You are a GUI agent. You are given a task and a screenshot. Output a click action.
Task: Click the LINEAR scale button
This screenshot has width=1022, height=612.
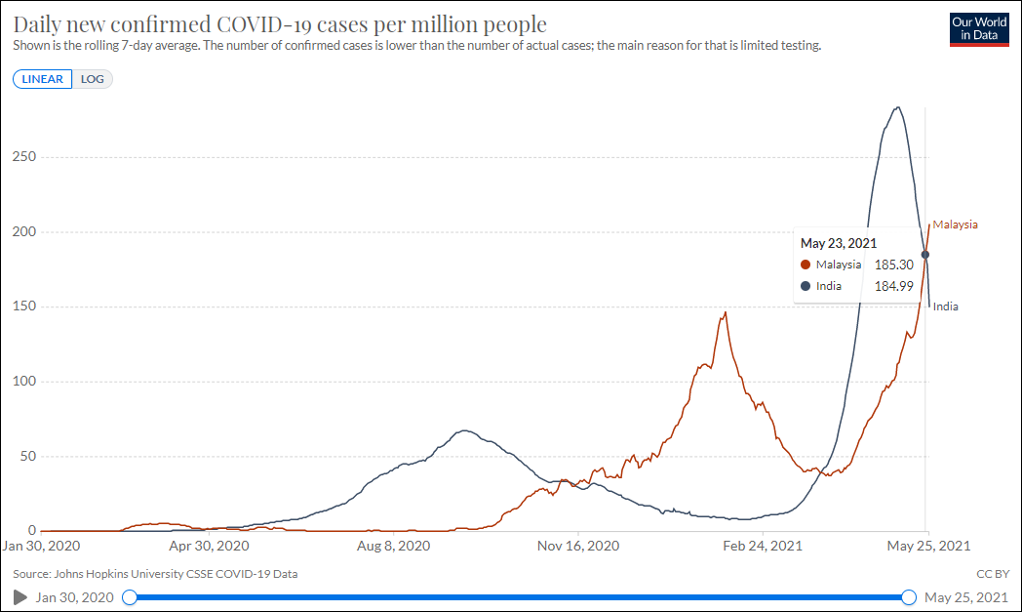[x=43, y=79]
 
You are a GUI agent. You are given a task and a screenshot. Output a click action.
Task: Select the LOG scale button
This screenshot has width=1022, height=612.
[x=93, y=79]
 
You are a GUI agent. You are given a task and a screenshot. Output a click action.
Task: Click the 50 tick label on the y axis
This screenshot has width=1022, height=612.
[x=28, y=456]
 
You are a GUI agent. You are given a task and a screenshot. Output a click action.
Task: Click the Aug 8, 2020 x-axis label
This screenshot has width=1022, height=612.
[x=393, y=547]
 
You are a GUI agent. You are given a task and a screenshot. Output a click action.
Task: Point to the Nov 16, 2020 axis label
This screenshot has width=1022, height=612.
[x=578, y=547]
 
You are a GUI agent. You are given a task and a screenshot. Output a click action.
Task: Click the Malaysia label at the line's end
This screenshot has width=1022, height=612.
[x=955, y=224]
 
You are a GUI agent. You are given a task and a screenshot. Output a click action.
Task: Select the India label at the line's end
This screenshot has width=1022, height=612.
[x=945, y=306]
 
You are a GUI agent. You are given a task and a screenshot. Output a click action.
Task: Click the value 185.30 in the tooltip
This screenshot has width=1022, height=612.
[x=893, y=265]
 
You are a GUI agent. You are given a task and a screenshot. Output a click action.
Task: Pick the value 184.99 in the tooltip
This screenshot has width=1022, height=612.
[x=893, y=286]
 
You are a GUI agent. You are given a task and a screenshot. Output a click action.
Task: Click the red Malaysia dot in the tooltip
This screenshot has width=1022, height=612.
[x=806, y=265]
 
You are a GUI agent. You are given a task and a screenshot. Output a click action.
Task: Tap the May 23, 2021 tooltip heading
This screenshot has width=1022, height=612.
[x=839, y=243]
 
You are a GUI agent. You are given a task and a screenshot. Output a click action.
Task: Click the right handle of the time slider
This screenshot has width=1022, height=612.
[x=909, y=597]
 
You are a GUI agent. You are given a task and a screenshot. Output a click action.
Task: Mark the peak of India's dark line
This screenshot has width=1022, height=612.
[x=897, y=107]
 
